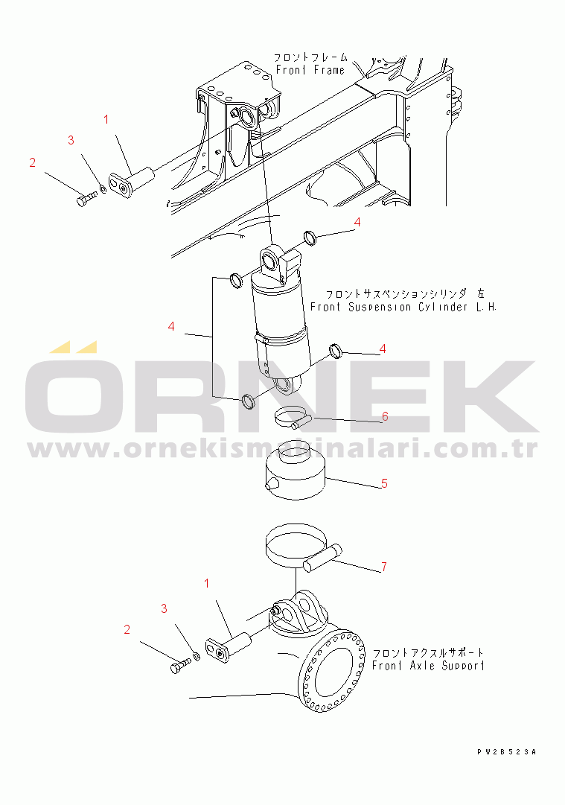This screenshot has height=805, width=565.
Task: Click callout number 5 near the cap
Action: pos(384,483)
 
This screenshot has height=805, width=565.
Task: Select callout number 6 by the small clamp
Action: pos(385,416)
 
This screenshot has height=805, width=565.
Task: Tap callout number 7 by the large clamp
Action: pos(384,567)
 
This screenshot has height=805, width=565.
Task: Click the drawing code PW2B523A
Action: pos(506,752)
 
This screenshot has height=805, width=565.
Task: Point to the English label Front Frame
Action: pos(310,70)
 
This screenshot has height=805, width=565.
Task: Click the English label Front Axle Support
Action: pos(428,666)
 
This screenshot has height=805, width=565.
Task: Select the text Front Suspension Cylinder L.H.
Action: pos(403,307)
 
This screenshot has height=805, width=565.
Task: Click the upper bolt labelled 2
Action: pos(87,199)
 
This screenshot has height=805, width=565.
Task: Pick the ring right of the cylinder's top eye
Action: pos(310,238)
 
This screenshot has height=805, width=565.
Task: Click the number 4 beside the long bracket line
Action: pos(171,326)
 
